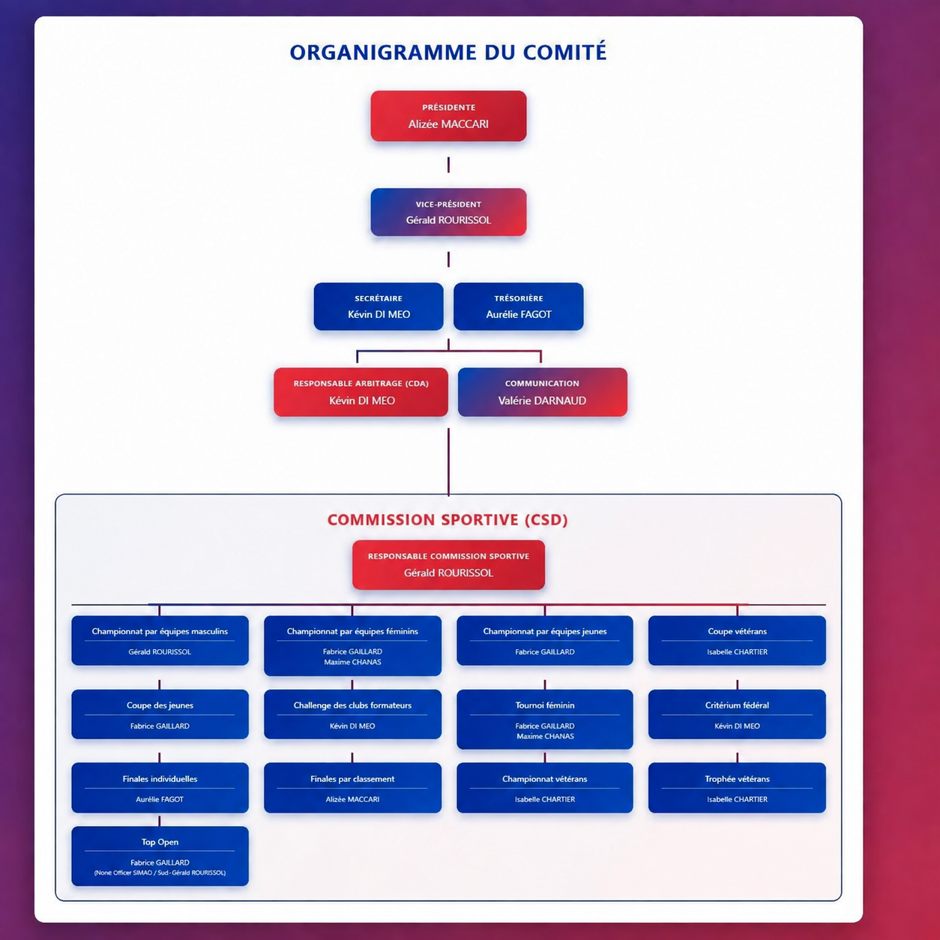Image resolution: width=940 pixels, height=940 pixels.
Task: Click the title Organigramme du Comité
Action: coord(448,52)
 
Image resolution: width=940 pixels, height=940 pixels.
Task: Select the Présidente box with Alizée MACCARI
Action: coord(448,116)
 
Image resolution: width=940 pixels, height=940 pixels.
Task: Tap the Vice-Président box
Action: coord(448,212)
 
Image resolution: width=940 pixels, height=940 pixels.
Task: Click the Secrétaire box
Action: coord(379,307)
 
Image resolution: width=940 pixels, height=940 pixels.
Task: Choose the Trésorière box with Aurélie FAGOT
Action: coord(519,307)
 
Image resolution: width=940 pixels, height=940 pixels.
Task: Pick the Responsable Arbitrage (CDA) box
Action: coord(361,392)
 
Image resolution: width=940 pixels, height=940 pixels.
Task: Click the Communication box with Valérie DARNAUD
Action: coord(543,392)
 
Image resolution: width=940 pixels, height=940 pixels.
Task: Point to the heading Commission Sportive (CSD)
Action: coord(448,519)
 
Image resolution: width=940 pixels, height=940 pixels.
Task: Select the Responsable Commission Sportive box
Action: coord(448,565)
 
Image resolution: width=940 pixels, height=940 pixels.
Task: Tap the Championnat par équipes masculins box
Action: coord(160,640)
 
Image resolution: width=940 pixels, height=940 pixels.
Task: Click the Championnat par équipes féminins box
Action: coord(352,646)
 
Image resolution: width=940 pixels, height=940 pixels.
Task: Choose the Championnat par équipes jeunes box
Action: coord(545,640)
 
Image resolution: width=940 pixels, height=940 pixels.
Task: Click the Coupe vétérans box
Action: coord(737,640)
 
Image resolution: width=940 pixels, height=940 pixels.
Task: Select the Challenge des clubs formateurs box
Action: coord(352,714)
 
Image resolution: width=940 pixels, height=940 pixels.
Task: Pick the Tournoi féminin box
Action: coord(545,720)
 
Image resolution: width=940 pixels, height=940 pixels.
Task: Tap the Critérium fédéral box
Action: coord(737,714)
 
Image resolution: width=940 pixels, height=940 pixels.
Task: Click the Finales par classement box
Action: coord(352,788)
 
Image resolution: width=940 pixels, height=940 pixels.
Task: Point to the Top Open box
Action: coord(160,856)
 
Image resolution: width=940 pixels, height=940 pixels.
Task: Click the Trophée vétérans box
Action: coord(737,788)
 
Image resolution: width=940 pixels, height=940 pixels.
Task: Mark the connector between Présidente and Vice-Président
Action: coord(448,165)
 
